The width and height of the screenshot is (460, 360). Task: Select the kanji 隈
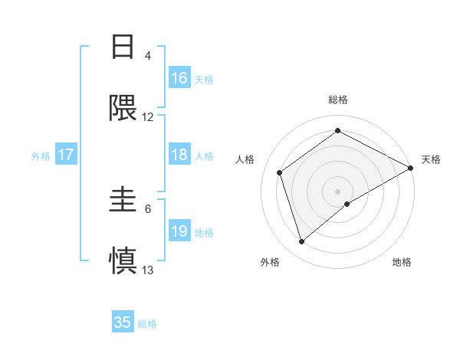pos(123,109)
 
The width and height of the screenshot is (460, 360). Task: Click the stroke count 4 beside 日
pos(148,55)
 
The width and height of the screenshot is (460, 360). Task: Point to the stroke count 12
pos(148,117)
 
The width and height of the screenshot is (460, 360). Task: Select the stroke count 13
pos(148,270)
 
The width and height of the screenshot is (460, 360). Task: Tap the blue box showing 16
pos(179,78)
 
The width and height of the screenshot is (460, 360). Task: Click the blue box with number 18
pos(179,155)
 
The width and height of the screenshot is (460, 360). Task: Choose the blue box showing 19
pos(179,231)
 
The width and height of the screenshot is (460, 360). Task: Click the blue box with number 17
pos(66,155)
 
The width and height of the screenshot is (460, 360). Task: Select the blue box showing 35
pos(123,322)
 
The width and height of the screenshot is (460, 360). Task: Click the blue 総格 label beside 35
pos(147,324)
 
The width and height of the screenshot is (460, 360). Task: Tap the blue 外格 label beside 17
pos(41,156)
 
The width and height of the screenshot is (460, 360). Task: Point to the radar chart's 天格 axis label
pos(431,159)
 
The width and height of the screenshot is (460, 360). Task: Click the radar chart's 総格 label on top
pos(338,100)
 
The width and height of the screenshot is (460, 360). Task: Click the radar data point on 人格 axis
pos(280,172)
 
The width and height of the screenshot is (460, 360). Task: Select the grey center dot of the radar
pos(338,191)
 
